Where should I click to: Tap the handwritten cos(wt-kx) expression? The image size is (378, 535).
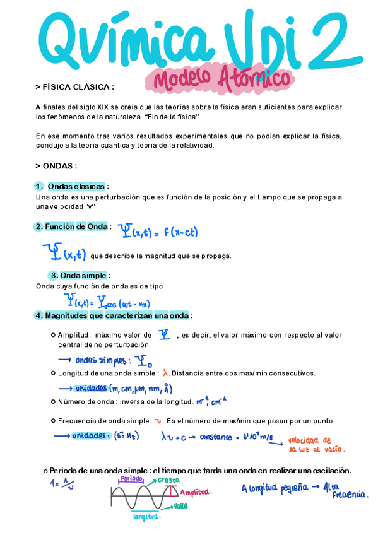(129, 304)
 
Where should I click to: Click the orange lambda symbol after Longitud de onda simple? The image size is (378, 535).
(165, 373)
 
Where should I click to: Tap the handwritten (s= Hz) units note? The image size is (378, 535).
(127, 436)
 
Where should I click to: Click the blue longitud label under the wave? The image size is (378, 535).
(146, 517)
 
